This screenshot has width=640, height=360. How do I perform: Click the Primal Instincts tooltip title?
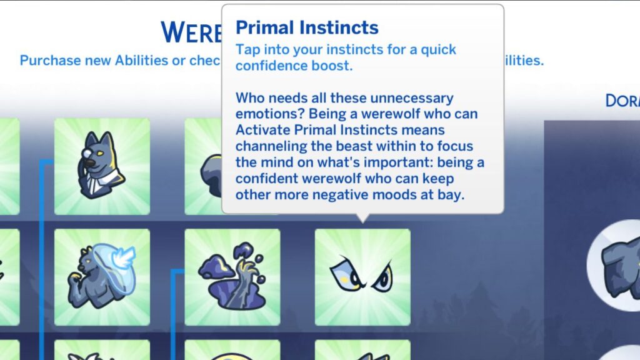(306, 27)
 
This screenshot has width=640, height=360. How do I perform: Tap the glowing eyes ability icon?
(362, 277)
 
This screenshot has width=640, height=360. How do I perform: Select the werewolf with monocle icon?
(102, 166)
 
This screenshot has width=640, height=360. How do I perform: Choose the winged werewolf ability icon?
(102, 277)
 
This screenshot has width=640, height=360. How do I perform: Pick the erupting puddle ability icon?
(232, 277)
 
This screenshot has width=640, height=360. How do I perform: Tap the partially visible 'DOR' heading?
(622, 101)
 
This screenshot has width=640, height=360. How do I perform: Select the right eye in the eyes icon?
(381, 278)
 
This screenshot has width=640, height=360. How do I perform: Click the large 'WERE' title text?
(191, 32)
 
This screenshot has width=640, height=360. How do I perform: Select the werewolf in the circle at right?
(619, 262)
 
